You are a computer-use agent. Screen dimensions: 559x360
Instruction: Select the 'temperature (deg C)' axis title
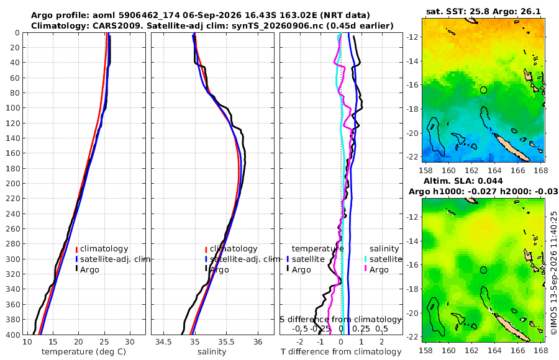tap(84, 352)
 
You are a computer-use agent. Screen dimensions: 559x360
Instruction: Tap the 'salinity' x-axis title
tap(212, 352)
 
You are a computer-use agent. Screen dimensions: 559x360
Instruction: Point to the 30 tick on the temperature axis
tap(130, 342)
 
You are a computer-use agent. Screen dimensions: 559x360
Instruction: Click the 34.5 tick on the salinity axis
tap(163, 342)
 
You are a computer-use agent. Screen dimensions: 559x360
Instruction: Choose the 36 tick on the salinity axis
tap(258, 342)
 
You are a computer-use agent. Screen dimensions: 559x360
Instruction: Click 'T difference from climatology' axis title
tap(341, 352)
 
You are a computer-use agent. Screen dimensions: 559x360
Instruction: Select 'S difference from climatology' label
tap(340, 320)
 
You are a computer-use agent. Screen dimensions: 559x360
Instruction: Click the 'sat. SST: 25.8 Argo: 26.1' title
tap(483, 11)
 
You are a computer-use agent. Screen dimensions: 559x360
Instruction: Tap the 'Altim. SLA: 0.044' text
tap(463, 181)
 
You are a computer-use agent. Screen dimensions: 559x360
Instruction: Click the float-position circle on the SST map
tap(483, 90)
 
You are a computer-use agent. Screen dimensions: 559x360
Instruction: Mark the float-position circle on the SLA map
tap(483, 270)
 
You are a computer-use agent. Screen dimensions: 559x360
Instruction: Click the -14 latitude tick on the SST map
tap(412, 61)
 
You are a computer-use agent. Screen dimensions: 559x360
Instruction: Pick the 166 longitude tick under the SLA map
tap(517, 350)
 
